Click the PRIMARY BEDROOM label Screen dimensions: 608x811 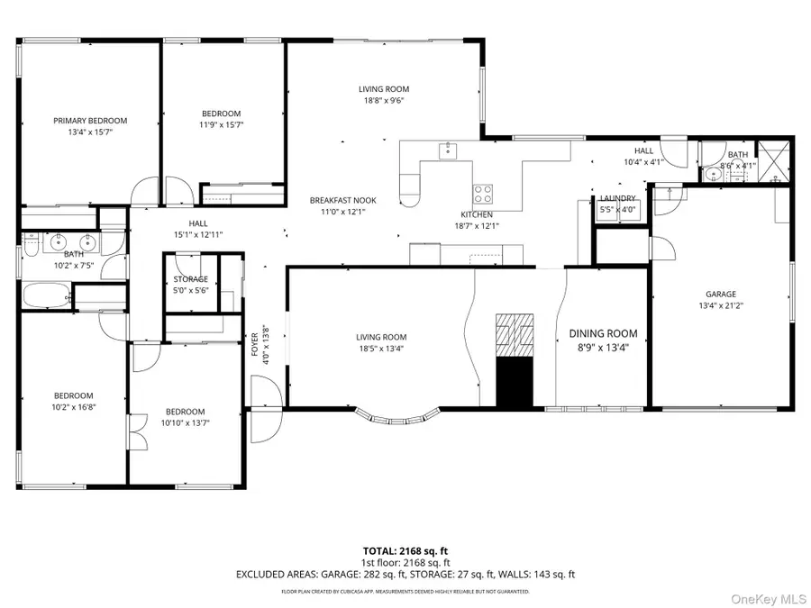pyautogui.click(x=90, y=120)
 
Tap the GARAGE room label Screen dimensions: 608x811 pyautogui.click(x=721, y=294)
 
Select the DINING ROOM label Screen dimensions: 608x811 pyautogui.click(x=603, y=333)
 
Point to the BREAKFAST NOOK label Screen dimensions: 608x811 pyautogui.click(x=343, y=200)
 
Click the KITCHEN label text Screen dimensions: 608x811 pyautogui.click(x=477, y=214)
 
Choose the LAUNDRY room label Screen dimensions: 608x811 pyautogui.click(x=618, y=198)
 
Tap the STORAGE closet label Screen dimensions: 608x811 pyautogui.click(x=190, y=279)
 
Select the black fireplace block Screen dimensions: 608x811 pyautogui.click(x=515, y=379)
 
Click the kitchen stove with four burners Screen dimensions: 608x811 pyautogui.click(x=483, y=193)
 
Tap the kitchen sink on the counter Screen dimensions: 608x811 pyautogui.click(x=448, y=150)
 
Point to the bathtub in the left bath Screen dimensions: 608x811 pyautogui.click(x=45, y=295)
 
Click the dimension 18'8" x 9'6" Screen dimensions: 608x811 pyautogui.click(x=384, y=101)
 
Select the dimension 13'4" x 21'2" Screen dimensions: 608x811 pyautogui.click(x=721, y=305)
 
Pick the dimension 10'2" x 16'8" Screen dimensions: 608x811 pyautogui.click(x=73, y=407)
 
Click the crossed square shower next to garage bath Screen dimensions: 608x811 pyautogui.click(x=772, y=160)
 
